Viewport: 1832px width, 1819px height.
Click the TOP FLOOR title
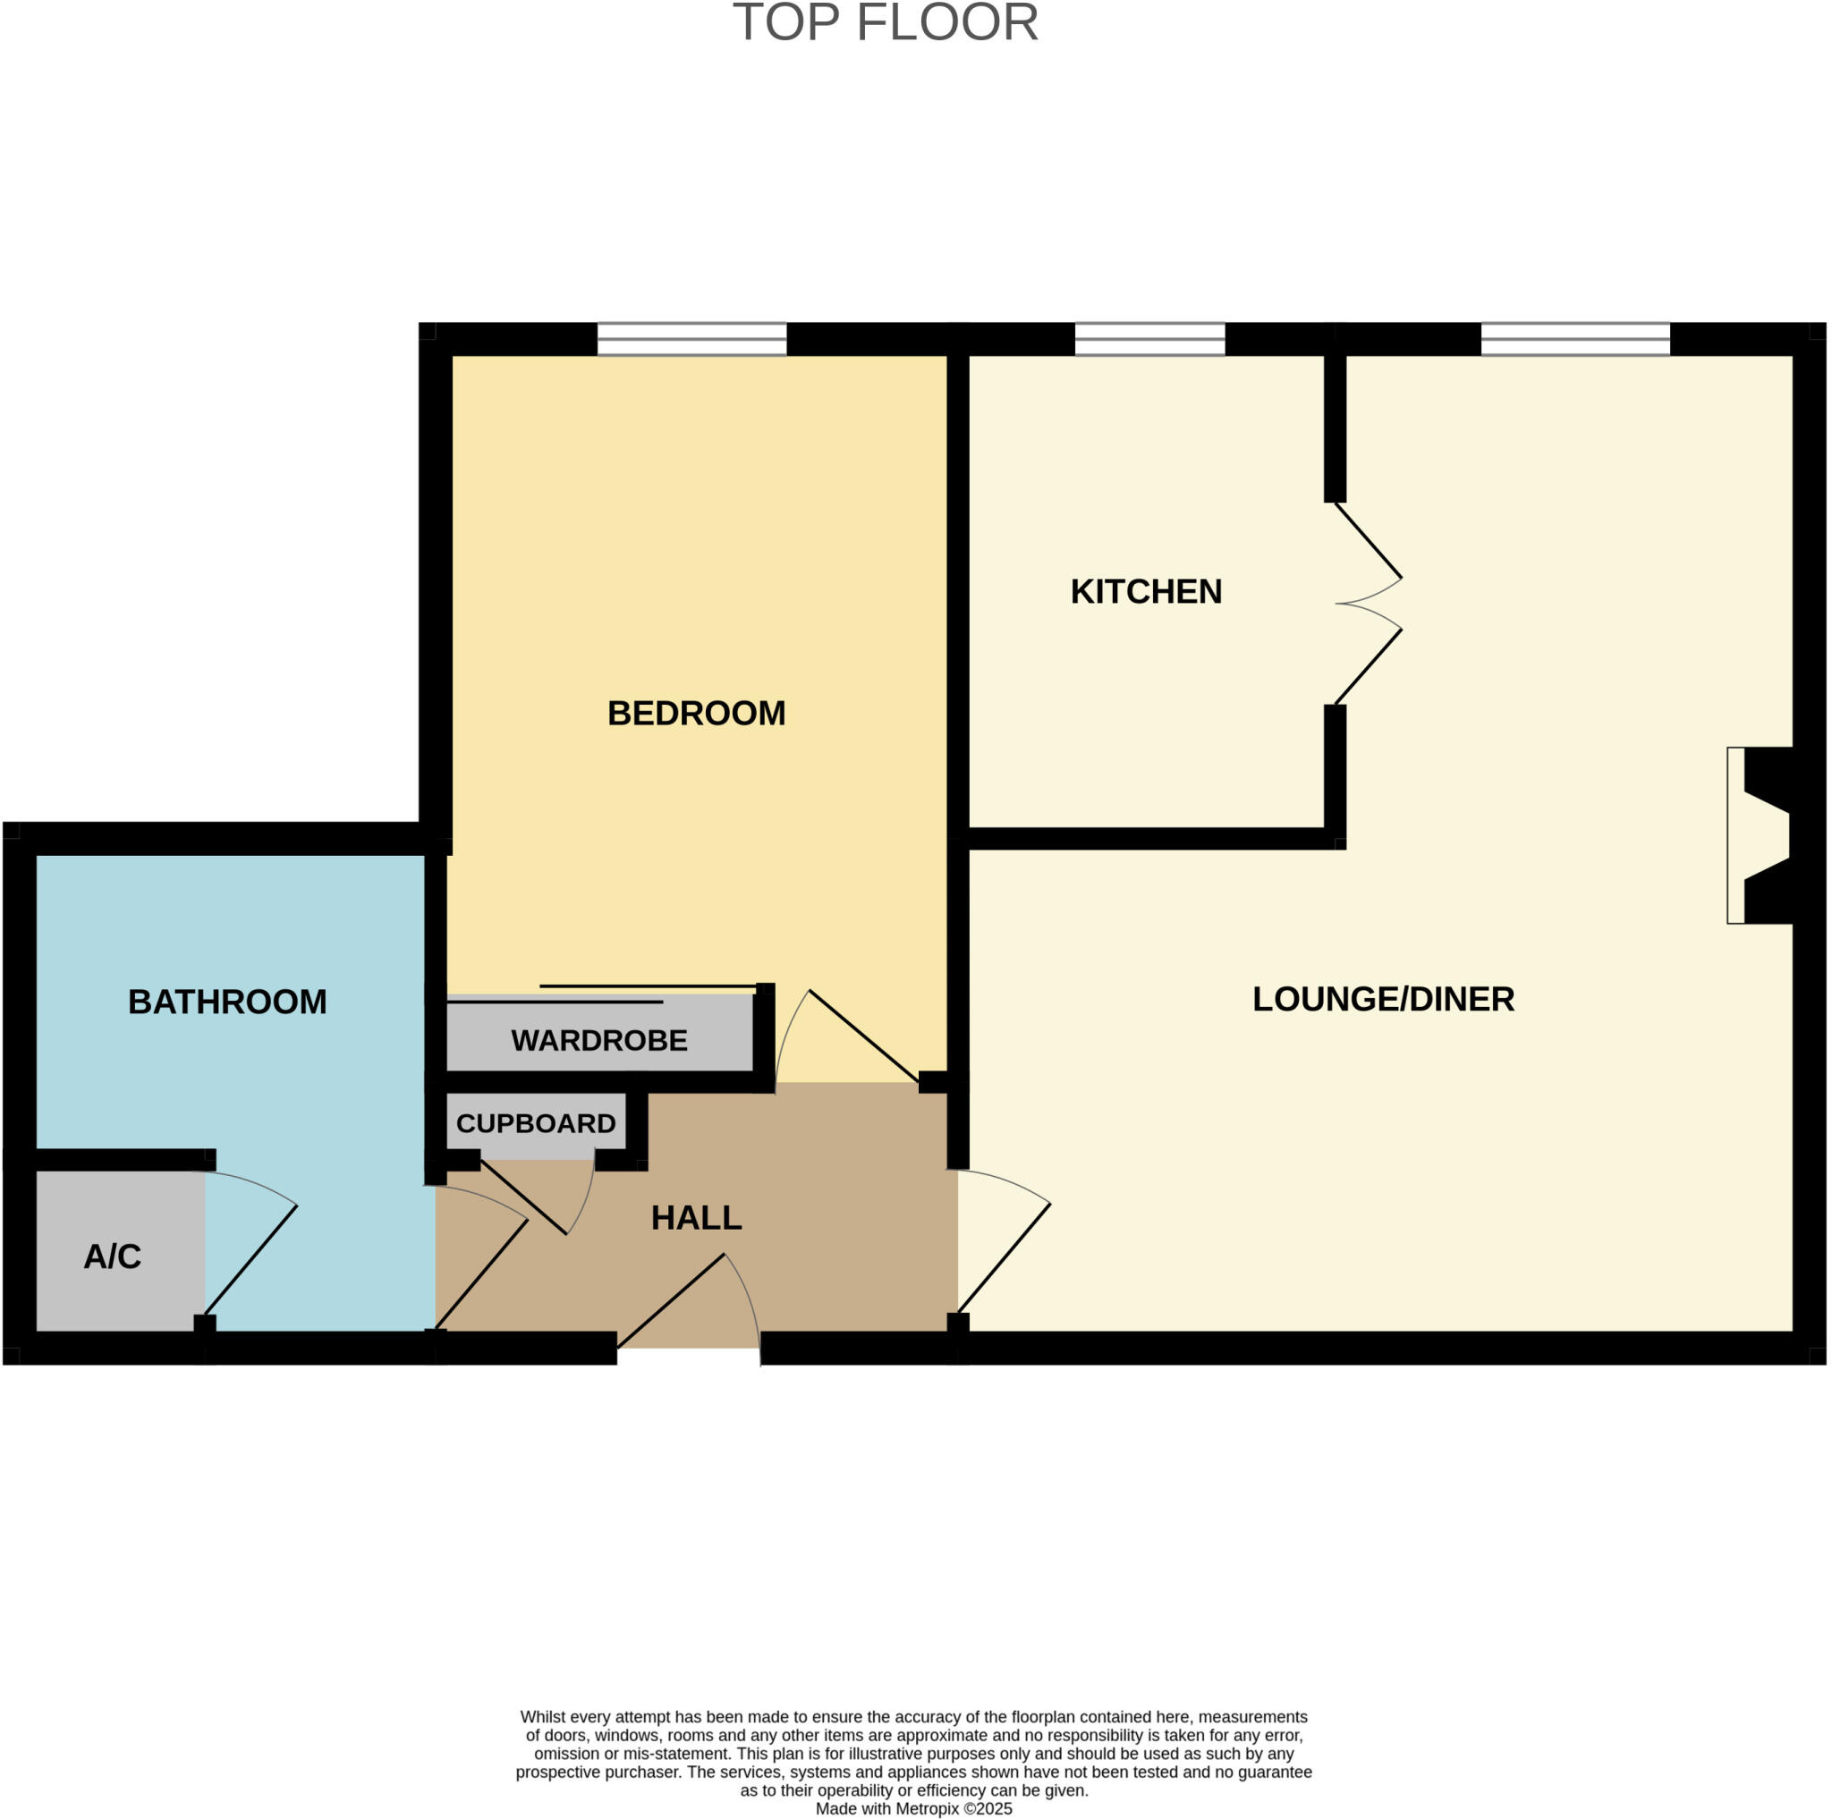point(886,22)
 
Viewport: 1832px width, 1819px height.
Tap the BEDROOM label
point(696,714)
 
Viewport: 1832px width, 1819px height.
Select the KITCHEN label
point(1146,591)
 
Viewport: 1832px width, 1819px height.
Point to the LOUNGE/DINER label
point(1383,999)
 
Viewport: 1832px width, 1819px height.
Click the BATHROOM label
point(227,1002)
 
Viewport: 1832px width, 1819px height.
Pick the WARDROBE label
point(598,1041)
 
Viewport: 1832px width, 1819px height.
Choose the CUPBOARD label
point(536,1124)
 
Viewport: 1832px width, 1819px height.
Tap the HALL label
point(696,1218)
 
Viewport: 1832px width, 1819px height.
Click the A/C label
point(112,1256)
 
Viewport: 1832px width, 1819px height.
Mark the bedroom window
point(691,339)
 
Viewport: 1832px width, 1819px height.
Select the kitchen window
point(1149,339)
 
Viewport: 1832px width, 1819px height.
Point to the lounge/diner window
point(1575,339)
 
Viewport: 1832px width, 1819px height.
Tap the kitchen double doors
point(1368,604)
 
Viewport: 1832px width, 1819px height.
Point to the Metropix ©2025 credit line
point(914,1808)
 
